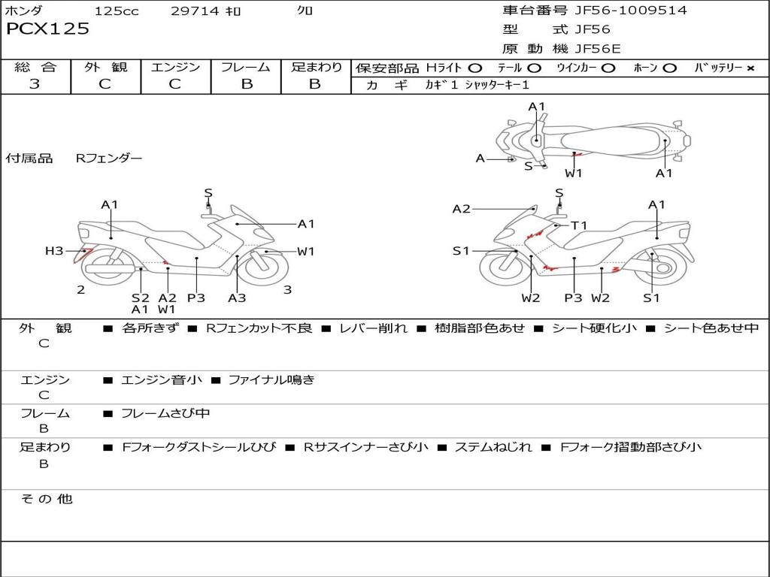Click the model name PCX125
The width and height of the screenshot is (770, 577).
pyautogui.click(x=47, y=29)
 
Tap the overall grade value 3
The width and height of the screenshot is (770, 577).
pyautogui.click(x=35, y=84)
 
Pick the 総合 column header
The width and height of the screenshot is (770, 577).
pyautogui.click(x=35, y=67)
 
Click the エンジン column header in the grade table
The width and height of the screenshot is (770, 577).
pyautogui.click(x=175, y=67)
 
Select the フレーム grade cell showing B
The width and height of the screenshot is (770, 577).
pyautogui.click(x=246, y=84)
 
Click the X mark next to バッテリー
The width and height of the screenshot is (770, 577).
pyautogui.click(x=750, y=68)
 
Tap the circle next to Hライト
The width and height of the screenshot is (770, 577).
pyautogui.click(x=475, y=68)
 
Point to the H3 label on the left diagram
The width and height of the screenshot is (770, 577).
pyautogui.click(x=54, y=251)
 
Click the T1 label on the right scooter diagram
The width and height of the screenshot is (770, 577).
pyautogui.click(x=579, y=225)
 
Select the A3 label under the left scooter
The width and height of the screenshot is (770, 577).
pyautogui.click(x=237, y=298)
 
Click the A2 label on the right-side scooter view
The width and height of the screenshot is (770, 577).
pyautogui.click(x=461, y=209)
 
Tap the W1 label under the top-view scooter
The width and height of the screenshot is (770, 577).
pyautogui.click(x=574, y=174)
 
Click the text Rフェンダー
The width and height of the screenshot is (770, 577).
pyautogui.click(x=109, y=159)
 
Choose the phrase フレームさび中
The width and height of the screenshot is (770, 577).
pyautogui.click(x=165, y=413)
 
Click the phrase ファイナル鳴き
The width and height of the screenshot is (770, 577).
pyautogui.click(x=271, y=380)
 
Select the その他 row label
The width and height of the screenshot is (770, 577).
pyautogui.click(x=47, y=499)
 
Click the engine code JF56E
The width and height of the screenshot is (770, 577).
pyautogui.click(x=598, y=50)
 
